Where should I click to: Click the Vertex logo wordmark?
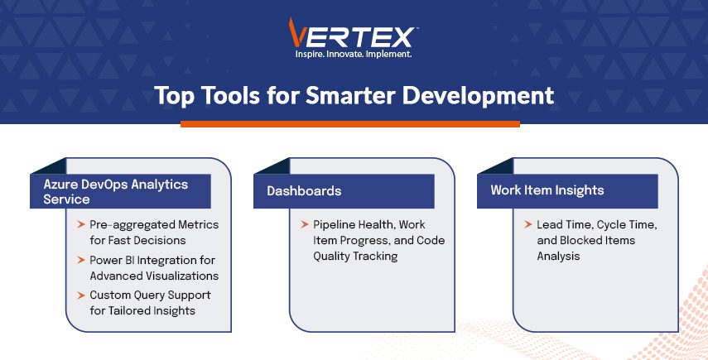point(352,33)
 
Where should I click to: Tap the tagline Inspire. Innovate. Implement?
point(354,54)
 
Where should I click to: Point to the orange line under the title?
point(350,123)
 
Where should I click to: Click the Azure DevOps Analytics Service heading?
point(116,191)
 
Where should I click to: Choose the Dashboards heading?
point(304,191)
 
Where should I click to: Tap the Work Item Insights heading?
point(547,190)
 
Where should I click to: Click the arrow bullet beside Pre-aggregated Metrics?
point(81,224)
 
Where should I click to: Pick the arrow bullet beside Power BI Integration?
point(81,260)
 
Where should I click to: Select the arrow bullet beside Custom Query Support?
point(81,295)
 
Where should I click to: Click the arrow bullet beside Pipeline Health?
point(305,224)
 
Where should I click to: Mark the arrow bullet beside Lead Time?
point(528,224)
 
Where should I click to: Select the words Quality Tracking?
point(355,257)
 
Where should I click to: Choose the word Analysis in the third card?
point(559,257)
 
